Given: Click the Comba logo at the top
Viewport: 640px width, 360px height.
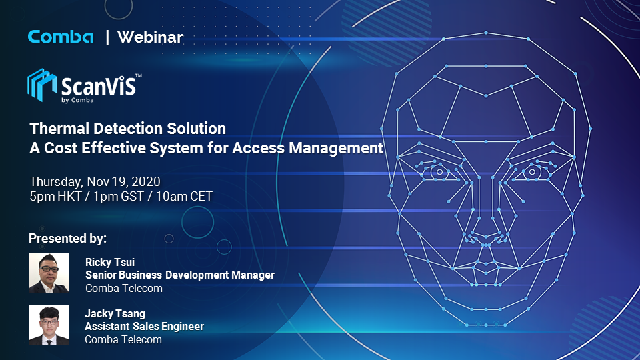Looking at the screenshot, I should tap(61, 37).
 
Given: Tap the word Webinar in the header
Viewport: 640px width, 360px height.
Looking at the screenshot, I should tap(150, 37).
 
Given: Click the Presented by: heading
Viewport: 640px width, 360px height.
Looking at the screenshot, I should tap(68, 238).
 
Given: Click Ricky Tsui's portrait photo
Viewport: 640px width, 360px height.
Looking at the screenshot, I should tap(49, 273).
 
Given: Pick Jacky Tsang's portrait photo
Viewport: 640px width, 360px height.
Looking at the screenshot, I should tap(49, 325).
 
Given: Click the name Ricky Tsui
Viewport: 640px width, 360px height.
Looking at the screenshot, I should tap(110, 262).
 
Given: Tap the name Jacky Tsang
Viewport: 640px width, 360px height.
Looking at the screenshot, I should tap(114, 313).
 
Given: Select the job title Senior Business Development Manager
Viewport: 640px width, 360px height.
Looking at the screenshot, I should tap(180, 275).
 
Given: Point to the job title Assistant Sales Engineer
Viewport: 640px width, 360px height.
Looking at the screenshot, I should tap(144, 327).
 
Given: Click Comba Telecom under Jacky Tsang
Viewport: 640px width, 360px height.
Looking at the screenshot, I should tap(123, 340).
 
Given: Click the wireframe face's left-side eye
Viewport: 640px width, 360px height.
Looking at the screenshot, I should tap(439, 172).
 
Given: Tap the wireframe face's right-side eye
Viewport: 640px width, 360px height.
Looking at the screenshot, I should tap(532, 172).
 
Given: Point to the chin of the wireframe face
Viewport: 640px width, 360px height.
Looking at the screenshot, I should tap(486, 313).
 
